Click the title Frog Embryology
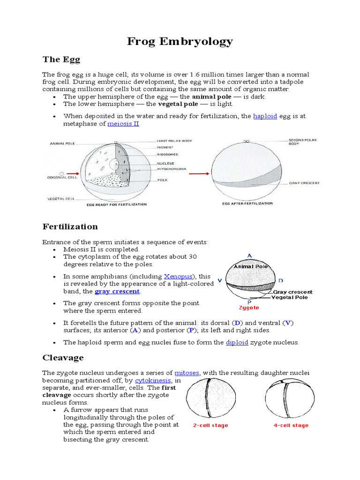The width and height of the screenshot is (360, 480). tap(180, 41)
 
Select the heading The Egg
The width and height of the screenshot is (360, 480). tap(61, 60)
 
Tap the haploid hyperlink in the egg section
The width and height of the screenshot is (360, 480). tap(265, 116)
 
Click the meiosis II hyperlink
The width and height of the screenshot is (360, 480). tap(123, 124)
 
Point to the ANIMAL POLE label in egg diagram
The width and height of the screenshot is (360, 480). tap(63, 144)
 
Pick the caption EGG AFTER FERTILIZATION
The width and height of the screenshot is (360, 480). tap(247, 203)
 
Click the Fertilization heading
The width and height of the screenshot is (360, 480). tap(70, 227)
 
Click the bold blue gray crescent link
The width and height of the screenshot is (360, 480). tap(117, 291)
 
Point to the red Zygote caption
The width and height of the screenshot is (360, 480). tap(249, 308)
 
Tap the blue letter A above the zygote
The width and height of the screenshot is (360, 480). tap(250, 255)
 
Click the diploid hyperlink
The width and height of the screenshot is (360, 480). tap(237, 342)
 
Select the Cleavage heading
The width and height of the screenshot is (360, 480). tap(63, 358)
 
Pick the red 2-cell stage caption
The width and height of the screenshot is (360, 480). tap(210, 425)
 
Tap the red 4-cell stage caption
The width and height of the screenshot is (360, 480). tap(291, 425)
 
